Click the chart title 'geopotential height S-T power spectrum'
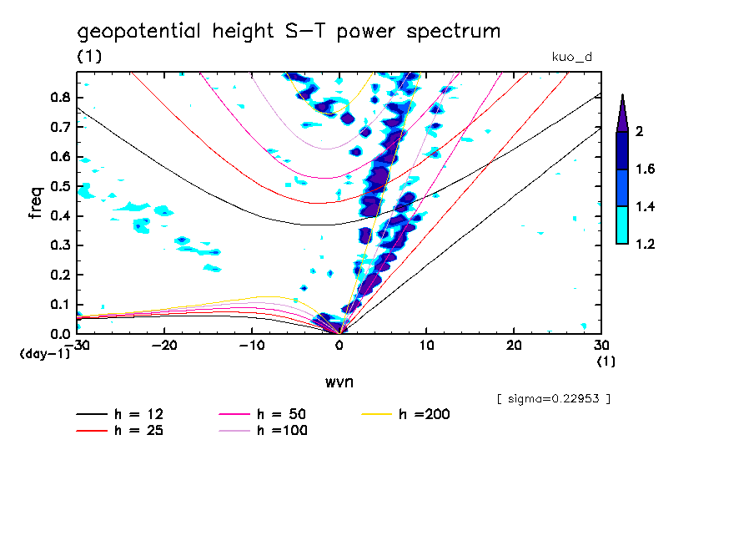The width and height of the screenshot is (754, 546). click(289, 33)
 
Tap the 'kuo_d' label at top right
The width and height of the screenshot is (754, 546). click(572, 58)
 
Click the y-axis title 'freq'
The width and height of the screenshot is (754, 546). click(35, 202)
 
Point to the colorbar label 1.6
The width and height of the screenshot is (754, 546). click(646, 169)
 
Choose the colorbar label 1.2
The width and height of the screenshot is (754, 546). click(646, 244)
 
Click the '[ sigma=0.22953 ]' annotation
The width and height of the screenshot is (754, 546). click(553, 399)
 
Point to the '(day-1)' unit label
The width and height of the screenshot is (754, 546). click(44, 354)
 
